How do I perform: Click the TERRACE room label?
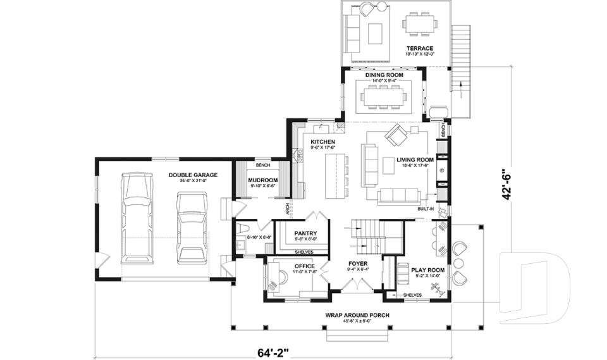[x=419, y=49]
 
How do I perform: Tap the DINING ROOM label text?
[x=384, y=75]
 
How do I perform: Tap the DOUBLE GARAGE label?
[x=193, y=175]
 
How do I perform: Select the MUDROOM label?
[x=263, y=180]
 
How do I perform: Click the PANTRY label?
[x=305, y=233]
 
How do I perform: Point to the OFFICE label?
[x=304, y=266]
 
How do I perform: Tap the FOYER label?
[x=358, y=263]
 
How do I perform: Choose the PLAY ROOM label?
[x=428, y=270]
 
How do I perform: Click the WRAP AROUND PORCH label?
[x=357, y=314]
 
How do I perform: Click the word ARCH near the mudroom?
[x=287, y=207]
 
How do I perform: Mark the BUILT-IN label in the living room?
[x=425, y=208]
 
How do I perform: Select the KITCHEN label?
[x=322, y=142]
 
